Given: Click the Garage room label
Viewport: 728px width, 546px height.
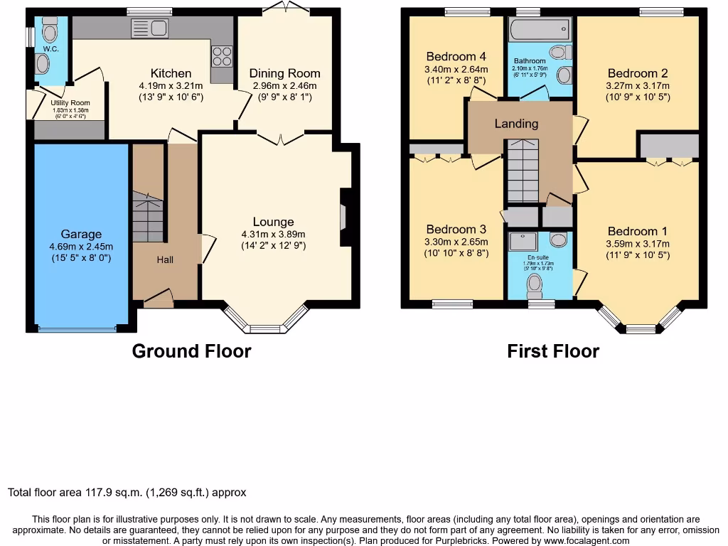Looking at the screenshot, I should (x=81, y=234).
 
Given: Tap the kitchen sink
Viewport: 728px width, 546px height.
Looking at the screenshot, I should (x=149, y=29).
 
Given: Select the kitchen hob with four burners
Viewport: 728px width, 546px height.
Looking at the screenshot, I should (x=221, y=55).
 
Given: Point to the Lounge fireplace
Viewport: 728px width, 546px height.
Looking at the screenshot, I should (x=343, y=215).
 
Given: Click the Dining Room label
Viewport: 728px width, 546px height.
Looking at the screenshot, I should (x=284, y=73).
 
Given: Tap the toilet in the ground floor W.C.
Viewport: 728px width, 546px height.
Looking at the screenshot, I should (x=49, y=32).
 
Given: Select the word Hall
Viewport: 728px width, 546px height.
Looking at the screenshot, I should (x=165, y=259).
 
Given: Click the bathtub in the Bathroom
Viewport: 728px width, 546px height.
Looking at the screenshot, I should (x=539, y=29).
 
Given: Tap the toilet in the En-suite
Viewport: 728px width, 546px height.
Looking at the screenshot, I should (x=535, y=286).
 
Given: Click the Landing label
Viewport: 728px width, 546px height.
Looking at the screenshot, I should (x=516, y=124).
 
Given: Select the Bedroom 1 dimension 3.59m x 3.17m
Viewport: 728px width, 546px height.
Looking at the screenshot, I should (x=638, y=244).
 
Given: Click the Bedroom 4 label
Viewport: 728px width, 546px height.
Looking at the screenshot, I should (x=456, y=57).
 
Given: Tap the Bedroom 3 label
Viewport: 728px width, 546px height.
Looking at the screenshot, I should (x=456, y=229).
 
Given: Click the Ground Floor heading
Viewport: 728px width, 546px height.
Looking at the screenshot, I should (x=191, y=350).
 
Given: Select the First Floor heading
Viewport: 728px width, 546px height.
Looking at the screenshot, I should (x=552, y=350).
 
